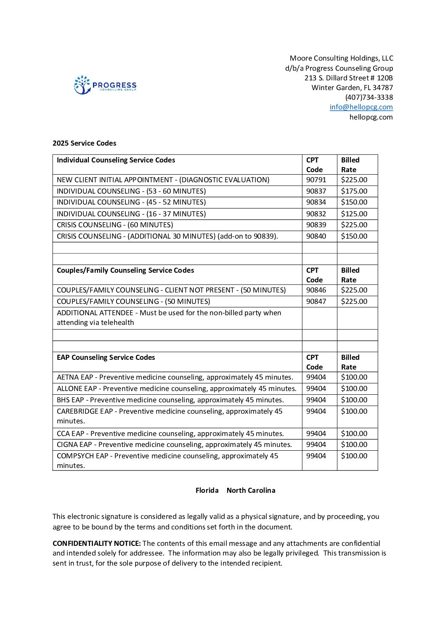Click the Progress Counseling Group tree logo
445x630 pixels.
point(82,85)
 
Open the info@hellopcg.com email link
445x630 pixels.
point(361,107)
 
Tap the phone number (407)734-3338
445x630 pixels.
point(369,97)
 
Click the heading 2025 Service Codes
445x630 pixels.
point(84,143)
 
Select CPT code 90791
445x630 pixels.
point(316,180)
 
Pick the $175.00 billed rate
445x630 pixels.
point(354,191)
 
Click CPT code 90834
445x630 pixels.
point(316,202)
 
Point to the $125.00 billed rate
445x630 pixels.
point(354,214)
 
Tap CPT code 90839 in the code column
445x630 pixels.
point(316,225)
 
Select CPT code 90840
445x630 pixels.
point(316,236)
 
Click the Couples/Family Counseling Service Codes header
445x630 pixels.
point(125,270)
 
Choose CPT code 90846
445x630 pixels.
point(316,290)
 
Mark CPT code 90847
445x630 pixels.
point(316,301)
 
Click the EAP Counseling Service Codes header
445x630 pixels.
point(106,357)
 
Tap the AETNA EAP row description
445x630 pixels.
point(175,377)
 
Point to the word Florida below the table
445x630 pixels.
point(207,490)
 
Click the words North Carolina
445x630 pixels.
point(251,490)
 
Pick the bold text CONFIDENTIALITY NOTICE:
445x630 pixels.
point(96,543)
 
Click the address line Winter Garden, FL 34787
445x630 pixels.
point(352,88)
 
